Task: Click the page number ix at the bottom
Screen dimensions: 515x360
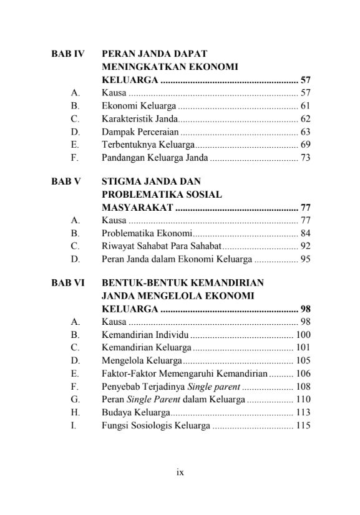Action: (180, 472)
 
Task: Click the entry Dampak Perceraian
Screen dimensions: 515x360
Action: (140, 132)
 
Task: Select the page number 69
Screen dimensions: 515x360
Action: (305, 145)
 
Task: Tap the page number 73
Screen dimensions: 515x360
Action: (305, 158)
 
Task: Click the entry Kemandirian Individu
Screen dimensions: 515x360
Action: (145, 335)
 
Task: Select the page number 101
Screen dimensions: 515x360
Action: (303, 348)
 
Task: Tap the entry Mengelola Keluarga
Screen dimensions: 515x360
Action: (142, 360)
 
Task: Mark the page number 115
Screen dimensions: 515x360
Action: (303, 425)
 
